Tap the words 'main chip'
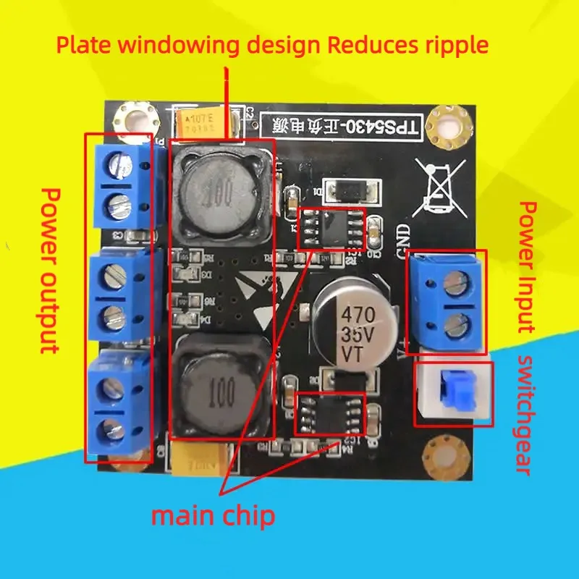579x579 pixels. click(x=213, y=516)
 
